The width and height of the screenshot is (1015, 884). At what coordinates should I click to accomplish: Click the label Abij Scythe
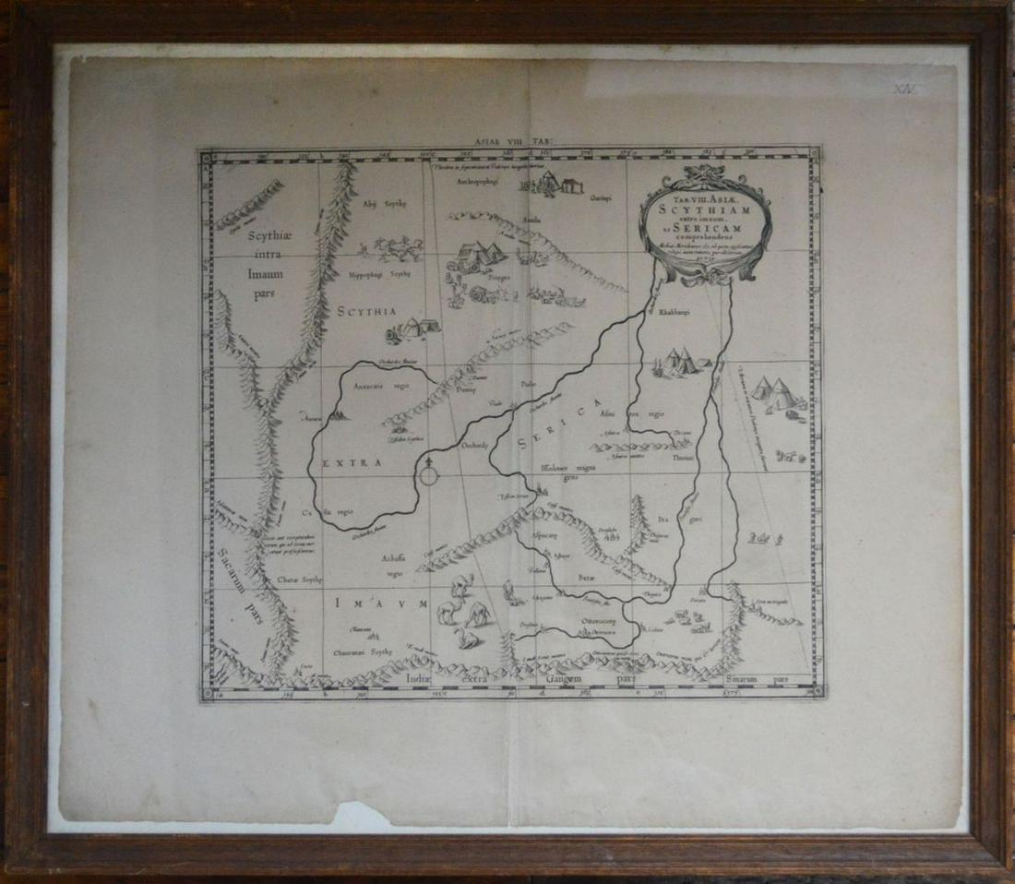click(x=385, y=202)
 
